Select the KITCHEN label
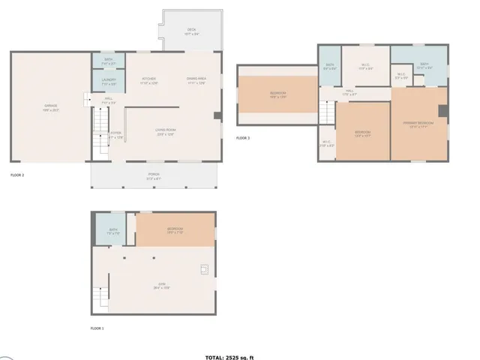149,80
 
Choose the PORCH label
153,175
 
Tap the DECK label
191,31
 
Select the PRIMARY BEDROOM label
419,124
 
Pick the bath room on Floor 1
112,231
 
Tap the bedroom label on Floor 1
175,229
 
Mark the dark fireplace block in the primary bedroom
443,111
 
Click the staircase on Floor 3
327,112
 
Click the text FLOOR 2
17,175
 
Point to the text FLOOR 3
243,138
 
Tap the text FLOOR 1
97,328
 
